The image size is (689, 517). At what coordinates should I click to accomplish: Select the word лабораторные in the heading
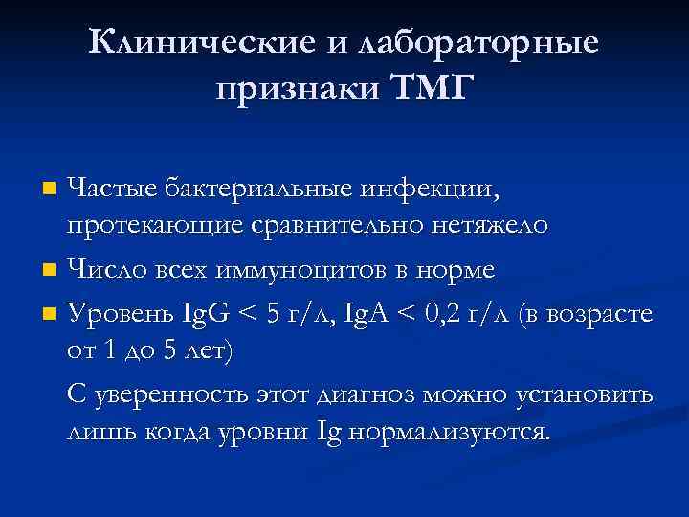(x=478, y=42)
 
